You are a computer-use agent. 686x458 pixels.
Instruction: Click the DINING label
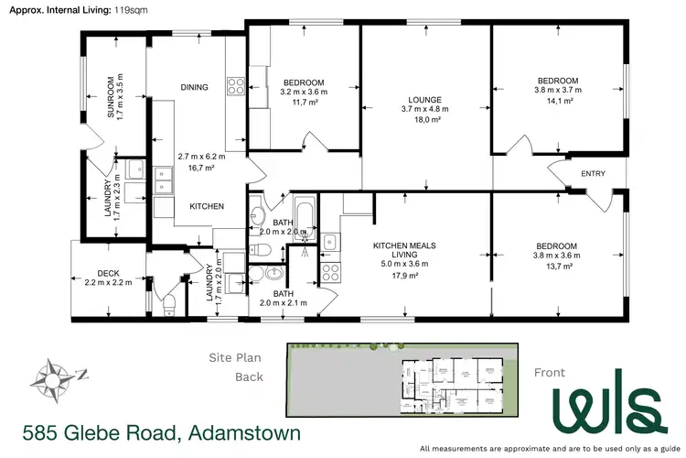pos(194,88)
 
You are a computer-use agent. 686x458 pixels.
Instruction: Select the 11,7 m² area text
pos(304,103)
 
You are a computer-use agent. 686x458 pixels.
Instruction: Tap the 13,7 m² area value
pos(557,266)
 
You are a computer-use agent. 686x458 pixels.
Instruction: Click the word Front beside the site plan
pos(550,372)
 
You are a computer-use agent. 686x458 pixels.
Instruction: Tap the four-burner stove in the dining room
pos(235,88)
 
